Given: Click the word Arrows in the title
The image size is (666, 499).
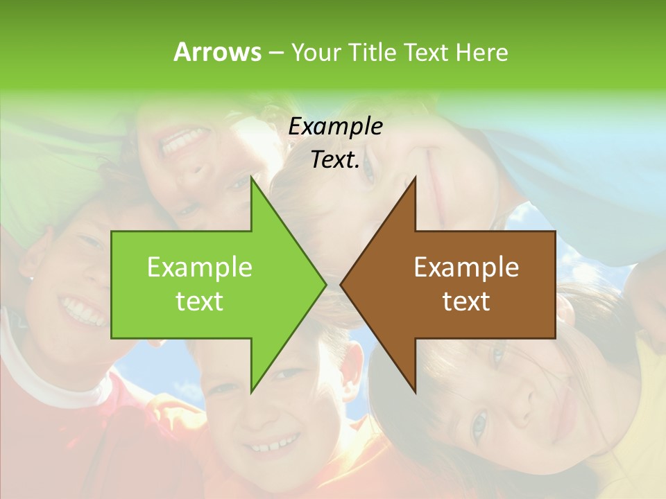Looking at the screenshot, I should (216, 52).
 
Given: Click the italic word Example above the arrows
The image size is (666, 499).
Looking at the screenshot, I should (335, 126).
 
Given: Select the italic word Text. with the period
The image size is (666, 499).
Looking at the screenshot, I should (335, 159).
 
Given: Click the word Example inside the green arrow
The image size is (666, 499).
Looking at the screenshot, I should (200, 267).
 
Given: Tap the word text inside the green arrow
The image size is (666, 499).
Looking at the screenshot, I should (200, 301).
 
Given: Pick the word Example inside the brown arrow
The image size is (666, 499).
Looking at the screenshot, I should (466, 267).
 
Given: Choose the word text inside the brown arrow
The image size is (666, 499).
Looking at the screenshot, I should (466, 301).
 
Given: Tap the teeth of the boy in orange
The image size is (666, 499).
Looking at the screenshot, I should (275, 444).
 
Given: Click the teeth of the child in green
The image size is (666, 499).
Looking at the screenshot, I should (182, 142).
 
